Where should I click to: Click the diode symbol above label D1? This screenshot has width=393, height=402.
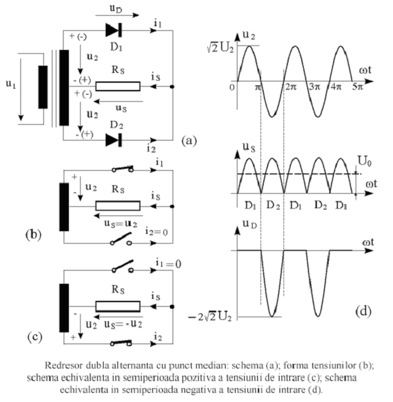114,30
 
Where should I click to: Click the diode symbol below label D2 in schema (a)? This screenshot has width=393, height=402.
114,140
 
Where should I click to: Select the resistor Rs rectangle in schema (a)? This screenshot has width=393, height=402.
118,87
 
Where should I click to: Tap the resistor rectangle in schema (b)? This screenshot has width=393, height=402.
118,206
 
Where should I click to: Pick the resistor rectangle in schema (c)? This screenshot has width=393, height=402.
118,306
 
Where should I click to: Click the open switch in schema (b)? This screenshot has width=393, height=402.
121,239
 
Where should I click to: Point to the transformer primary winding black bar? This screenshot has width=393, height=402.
43,87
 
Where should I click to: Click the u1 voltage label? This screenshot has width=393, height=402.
11,84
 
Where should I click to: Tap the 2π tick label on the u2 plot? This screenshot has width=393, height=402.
291,87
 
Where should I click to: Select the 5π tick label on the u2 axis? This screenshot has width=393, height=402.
358,87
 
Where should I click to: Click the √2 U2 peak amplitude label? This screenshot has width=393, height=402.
220,48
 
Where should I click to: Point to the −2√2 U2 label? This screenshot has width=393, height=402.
210,317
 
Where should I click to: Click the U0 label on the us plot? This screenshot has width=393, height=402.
364,162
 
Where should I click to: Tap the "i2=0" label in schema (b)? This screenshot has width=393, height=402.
156,231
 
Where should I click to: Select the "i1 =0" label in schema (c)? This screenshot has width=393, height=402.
168,263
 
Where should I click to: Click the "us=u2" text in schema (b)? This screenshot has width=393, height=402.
121,223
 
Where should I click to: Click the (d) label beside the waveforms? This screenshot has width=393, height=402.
363,311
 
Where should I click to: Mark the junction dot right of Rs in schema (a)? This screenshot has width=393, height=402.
172,87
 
